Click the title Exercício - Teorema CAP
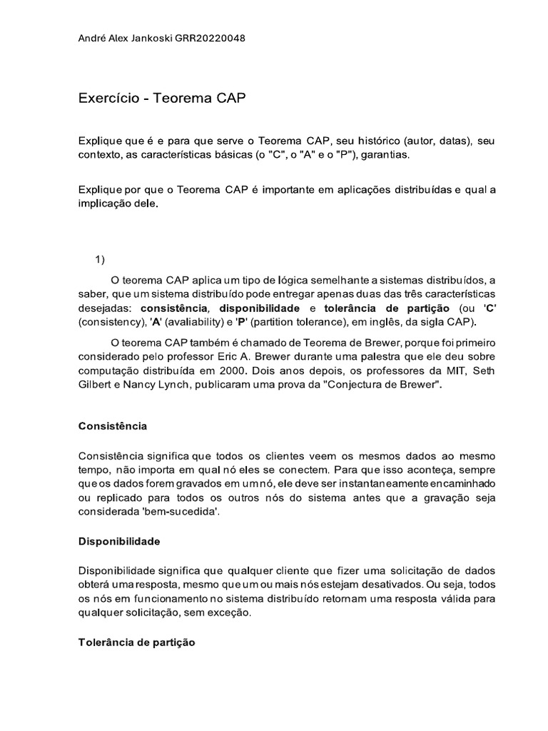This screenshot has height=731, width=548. (x=161, y=99)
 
